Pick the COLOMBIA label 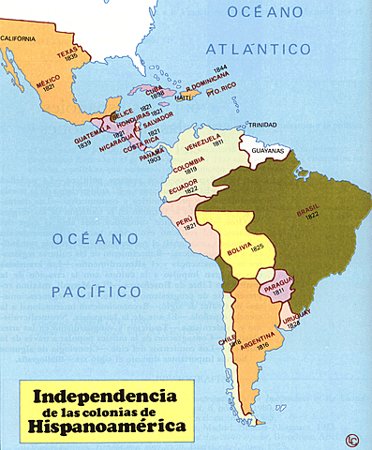pos(189,170)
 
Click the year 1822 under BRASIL pos(309,221)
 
